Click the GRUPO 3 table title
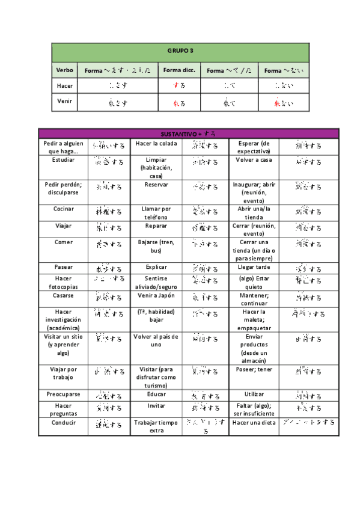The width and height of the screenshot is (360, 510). (x=180, y=51)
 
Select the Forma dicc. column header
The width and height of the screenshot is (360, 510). (x=178, y=70)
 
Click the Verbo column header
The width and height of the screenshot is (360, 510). (x=64, y=70)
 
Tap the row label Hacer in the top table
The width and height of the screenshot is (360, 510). (x=64, y=86)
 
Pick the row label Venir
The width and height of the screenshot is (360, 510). (x=64, y=101)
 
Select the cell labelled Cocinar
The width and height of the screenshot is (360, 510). (x=64, y=209)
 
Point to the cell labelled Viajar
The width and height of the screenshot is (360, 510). (x=64, y=226)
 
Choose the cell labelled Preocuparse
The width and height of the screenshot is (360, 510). (x=64, y=395)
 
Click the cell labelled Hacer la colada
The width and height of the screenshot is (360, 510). (x=156, y=144)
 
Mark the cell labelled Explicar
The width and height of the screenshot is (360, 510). (x=156, y=266)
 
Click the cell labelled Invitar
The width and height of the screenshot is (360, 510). (x=156, y=406)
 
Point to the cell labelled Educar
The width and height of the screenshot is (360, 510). (x=156, y=395)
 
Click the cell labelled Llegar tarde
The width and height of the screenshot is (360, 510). (x=254, y=266)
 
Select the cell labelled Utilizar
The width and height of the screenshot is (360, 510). (x=254, y=395)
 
